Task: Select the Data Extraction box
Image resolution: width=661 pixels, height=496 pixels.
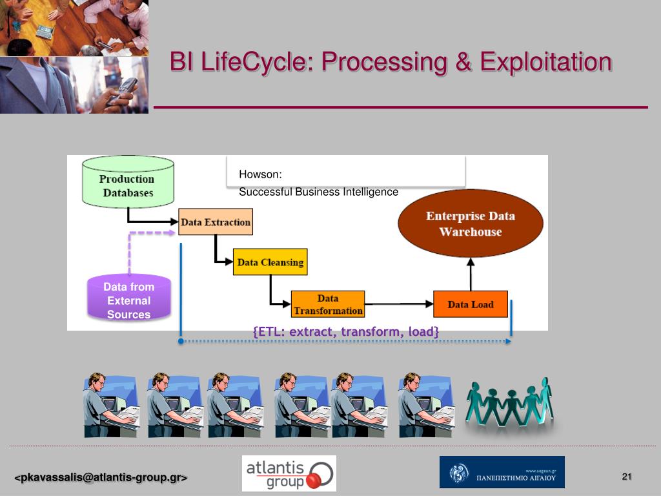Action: (215, 222)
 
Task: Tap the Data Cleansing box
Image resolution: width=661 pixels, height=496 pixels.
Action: (270, 262)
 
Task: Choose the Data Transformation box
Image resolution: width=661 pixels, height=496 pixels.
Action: (328, 304)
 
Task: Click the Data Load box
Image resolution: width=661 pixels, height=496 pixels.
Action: (470, 304)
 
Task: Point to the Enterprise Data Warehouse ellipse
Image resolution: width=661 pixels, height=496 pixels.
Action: (470, 223)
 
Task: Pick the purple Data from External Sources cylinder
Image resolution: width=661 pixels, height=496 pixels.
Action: (128, 300)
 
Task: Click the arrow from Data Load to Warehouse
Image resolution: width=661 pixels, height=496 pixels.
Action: (471, 274)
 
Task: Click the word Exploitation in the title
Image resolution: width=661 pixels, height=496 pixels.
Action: (545, 62)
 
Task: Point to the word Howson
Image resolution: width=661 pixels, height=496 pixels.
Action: (261, 174)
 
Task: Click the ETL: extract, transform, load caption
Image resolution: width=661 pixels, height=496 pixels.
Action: (346, 332)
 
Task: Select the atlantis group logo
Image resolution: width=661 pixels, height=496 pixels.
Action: (289, 473)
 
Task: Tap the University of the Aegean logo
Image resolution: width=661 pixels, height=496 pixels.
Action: (502, 472)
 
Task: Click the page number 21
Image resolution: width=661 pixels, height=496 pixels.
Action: (626, 477)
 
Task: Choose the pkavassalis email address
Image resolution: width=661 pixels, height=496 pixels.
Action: (101, 478)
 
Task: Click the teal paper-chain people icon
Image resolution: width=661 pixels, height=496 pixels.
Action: (510, 404)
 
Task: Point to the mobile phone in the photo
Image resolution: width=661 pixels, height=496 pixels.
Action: (123, 90)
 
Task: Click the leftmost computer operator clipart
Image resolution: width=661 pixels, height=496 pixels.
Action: (110, 405)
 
